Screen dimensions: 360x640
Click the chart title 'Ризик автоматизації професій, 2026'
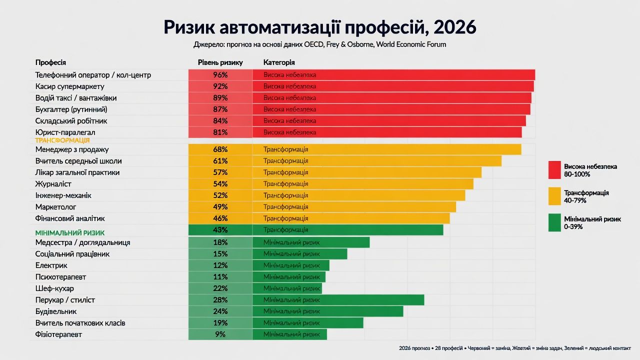point(320,27)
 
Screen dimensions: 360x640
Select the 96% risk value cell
point(220,75)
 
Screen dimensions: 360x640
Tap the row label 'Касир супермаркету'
point(69,86)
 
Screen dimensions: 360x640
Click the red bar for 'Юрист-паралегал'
point(387,132)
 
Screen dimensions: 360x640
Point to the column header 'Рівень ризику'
point(220,62)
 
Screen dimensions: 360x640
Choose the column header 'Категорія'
point(278,62)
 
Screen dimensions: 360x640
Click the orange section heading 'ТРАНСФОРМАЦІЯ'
point(62,141)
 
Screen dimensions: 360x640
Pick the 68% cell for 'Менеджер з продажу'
point(220,149)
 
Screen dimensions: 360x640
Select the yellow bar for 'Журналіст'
point(362,184)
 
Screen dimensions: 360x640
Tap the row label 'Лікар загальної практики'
point(77,172)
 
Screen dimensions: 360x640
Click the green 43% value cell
point(220,230)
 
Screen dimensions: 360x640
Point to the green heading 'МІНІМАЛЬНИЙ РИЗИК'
point(69,233)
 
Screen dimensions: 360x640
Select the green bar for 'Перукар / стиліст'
point(338,300)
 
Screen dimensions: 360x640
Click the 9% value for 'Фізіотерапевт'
point(220,334)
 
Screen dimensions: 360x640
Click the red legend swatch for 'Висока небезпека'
point(554,170)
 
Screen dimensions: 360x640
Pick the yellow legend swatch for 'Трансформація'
point(554,196)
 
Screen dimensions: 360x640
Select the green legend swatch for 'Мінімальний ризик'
point(554,222)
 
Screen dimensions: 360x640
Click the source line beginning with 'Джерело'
point(319,44)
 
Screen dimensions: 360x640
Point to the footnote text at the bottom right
point(514,348)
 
